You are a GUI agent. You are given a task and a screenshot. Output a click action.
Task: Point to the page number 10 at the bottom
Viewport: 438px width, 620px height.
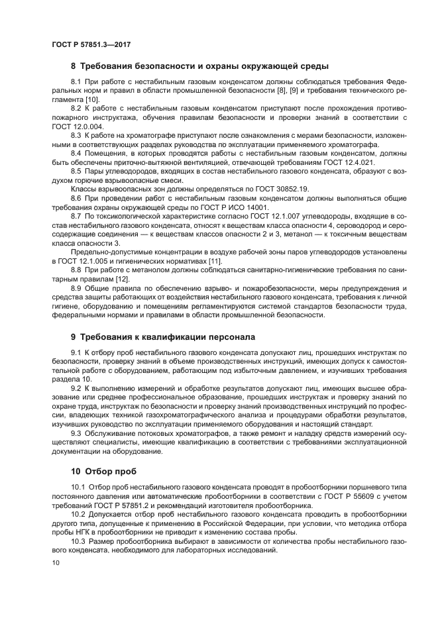pos(56,562)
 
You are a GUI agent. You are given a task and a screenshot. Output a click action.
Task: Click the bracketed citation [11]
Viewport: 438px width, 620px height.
pos(215,262)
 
